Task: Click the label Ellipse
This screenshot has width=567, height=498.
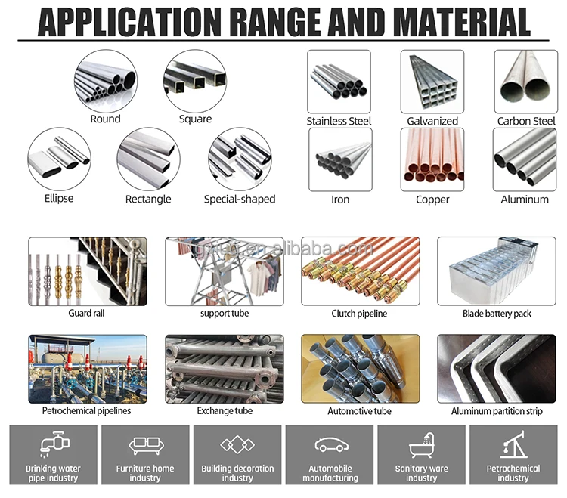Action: point(59,199)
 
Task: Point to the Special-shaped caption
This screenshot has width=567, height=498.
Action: point(240,200)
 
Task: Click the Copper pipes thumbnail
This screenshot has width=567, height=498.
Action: point(432,159)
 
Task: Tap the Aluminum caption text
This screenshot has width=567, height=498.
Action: point(525,200)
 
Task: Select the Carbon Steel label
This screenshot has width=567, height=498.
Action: point(526,121)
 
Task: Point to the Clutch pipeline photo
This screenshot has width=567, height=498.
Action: point(359,271)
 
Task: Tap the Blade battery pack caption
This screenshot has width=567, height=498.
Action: point(497,313)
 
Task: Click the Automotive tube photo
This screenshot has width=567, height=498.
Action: point(359,368)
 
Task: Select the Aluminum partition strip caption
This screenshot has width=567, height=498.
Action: point(497,411)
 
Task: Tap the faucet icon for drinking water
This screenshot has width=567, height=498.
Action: point(53,445)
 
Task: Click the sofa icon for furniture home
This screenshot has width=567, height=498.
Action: point(145,445)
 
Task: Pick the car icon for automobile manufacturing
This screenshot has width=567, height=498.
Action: point(330,445)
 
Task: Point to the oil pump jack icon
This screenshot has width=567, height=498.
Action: point(513,444)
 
